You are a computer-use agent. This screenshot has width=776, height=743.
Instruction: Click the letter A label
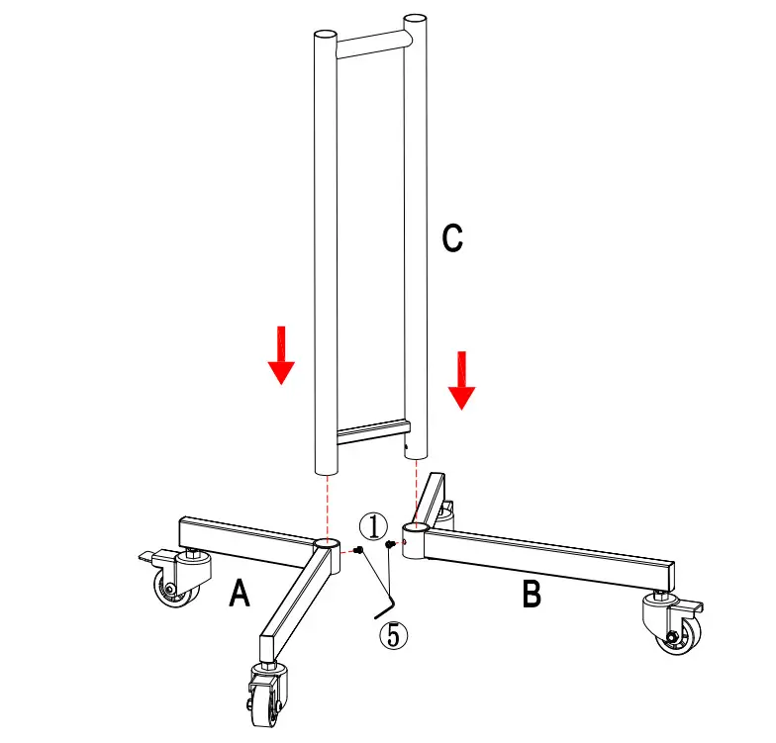(239, 594)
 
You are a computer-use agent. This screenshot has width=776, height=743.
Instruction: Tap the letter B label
(532, 594)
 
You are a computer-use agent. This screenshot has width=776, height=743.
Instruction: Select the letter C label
(451, 238)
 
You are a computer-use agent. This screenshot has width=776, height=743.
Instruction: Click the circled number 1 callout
(372, 524)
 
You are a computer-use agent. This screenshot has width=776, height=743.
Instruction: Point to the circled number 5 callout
(394, 634)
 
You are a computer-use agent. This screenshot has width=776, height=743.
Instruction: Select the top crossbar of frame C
(371, 42)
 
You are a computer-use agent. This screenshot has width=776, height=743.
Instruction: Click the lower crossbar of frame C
(371, 432)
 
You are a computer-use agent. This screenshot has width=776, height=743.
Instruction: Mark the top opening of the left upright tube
(325, 34)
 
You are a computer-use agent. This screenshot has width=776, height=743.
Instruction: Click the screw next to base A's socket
(359, 550)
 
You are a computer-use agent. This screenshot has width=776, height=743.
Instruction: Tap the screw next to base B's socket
(392, 543)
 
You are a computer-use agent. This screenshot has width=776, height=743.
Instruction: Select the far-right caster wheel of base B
(675, 630)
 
